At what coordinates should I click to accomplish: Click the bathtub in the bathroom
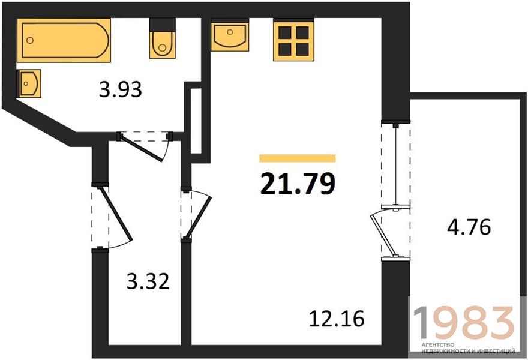point(64,40)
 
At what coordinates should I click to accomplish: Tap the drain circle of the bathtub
point(30,40)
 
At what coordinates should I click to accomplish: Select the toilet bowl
point(163,45)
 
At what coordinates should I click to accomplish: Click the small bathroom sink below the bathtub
point(29,83)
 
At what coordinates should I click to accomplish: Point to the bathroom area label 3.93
point(121,90)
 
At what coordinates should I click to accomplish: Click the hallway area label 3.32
point(148,281)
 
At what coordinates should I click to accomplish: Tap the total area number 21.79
point(298,184)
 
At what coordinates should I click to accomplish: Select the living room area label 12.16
point(337,319)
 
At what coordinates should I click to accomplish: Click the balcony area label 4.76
point(469,227)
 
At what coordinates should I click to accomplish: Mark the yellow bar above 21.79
point(298,158)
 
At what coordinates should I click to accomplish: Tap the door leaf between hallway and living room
point(197,215)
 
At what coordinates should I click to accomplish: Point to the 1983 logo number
point(464,323)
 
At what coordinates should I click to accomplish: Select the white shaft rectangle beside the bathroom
point(196,121)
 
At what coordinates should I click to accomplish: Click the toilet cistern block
point(163,25)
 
